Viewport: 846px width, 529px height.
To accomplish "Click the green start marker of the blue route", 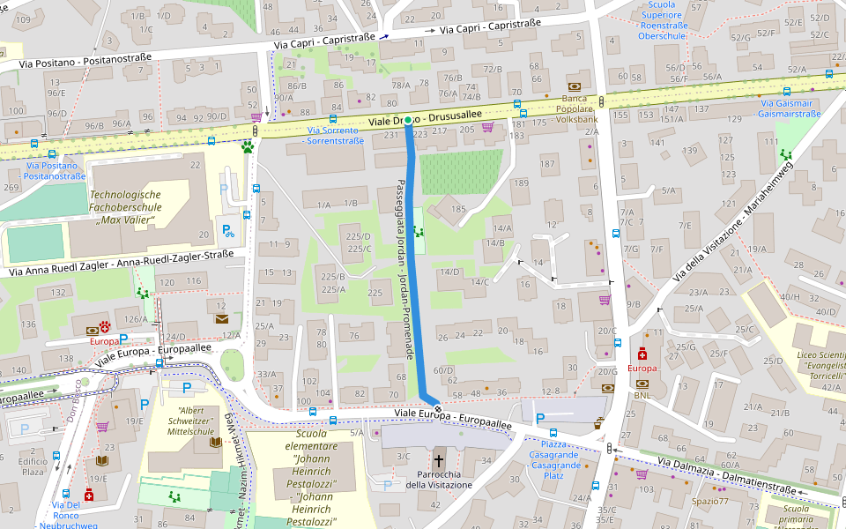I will (407, 120).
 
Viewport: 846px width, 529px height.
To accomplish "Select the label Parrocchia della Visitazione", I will (440, 479).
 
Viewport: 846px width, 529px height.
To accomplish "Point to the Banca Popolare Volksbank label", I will (565, 108).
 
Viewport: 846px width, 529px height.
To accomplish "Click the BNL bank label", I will (642, 396).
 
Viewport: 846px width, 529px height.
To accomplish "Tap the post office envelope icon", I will (221, 318).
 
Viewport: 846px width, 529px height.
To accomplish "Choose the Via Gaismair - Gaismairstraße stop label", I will (790, 108).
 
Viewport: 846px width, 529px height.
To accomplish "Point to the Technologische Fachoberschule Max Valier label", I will (126, 206).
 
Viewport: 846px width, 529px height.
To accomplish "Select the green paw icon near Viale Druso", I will (249, 147).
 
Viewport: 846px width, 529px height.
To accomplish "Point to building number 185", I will (458, 209).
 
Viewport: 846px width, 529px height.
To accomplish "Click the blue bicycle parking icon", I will (228, 233).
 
